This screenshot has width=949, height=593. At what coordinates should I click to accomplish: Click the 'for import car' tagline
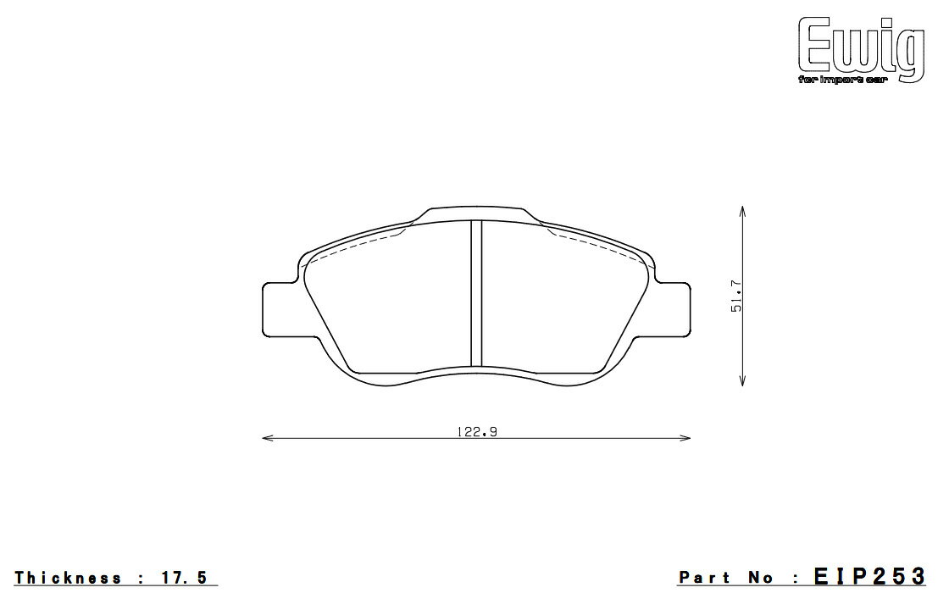pos(842,80)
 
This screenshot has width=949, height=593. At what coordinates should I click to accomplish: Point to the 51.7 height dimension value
pos(736,296)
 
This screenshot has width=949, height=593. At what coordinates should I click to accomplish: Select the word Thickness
pos(69,577)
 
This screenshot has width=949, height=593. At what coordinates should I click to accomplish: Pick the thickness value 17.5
pos(184,577)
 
